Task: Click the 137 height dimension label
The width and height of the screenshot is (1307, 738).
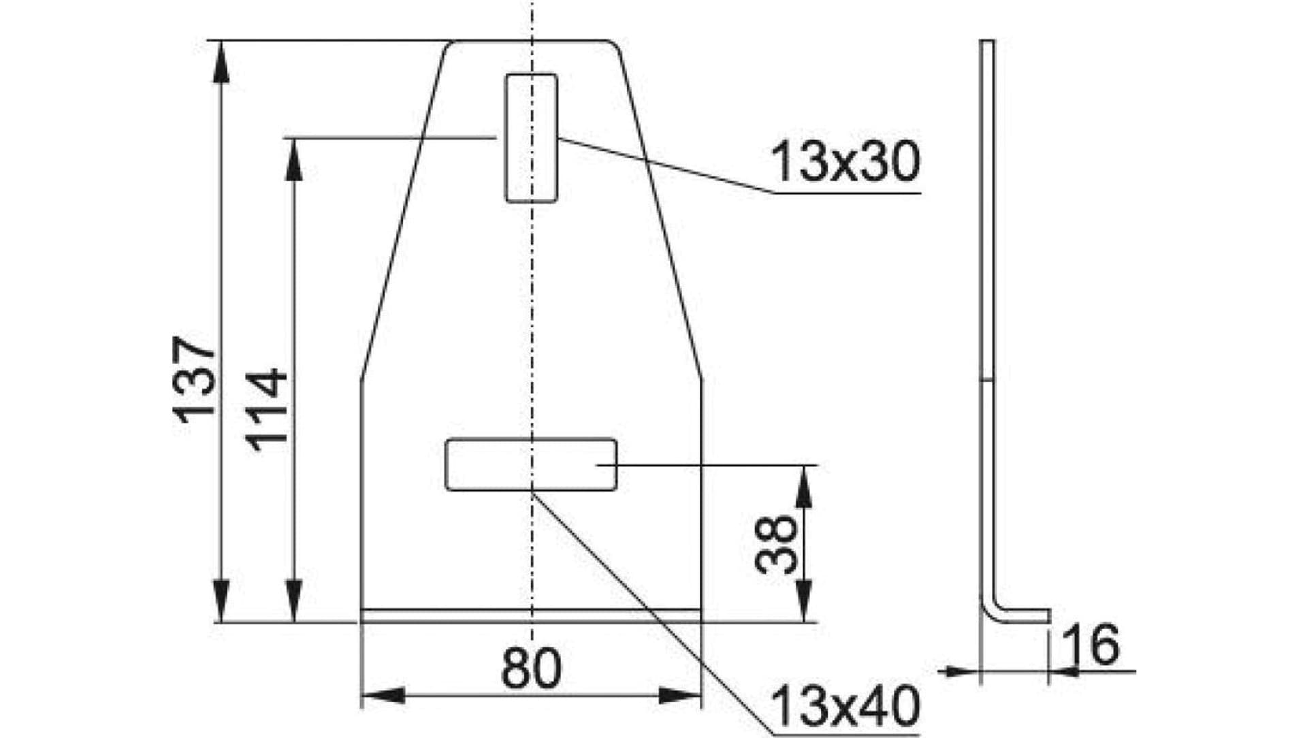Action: [195, 379]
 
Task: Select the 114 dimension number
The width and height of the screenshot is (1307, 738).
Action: [267, 410]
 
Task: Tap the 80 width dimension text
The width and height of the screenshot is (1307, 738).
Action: [531, 669]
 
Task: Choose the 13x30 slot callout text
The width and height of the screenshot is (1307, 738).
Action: [845, 163]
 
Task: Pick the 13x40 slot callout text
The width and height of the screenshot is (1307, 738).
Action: [845, 706]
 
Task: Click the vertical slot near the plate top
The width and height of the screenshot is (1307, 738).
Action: [531, 138]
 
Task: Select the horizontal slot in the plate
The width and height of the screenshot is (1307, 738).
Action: [531, 464]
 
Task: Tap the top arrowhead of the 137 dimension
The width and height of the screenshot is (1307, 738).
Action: [220, 61]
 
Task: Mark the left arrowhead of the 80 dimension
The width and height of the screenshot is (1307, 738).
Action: [383, 696]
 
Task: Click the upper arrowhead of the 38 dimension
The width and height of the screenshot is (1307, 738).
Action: [804, 486]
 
